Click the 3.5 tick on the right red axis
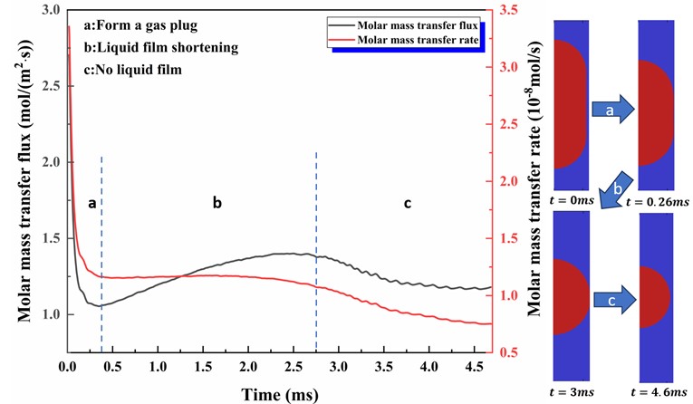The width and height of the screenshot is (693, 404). (505, 11)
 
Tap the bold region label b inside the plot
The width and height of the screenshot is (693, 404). (217, 205)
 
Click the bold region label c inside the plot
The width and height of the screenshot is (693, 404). (407, 205)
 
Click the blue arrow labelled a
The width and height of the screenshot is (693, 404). (609, 111)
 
